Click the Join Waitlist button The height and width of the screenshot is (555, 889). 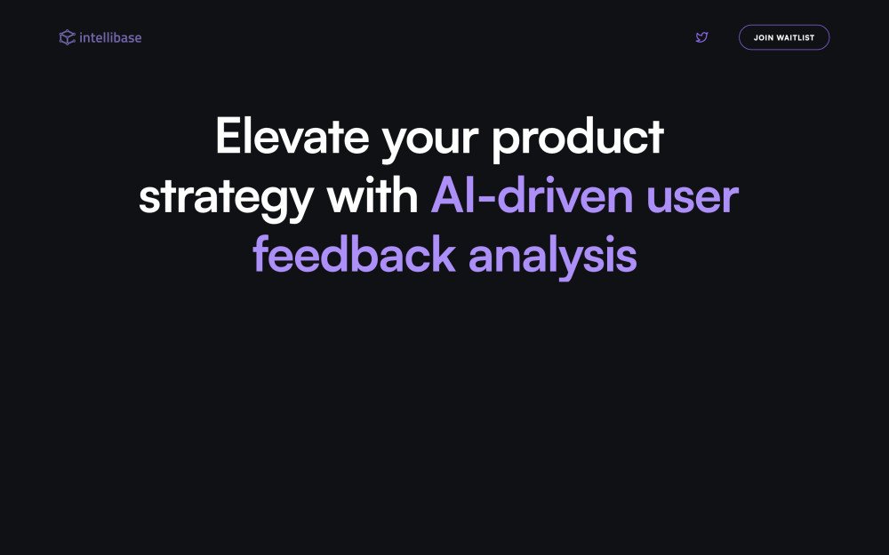(783, 37)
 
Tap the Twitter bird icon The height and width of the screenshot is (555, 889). (701, 37)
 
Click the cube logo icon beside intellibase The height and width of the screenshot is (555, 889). (67, 37)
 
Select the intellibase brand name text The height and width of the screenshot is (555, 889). (110, 37)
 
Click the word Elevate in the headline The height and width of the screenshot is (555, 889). (290, 138)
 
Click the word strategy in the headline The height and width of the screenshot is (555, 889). (225, 198)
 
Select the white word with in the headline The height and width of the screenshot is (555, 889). (372, 195)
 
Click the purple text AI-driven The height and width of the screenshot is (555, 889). (533, 195)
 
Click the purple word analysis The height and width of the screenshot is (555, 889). (552, 257)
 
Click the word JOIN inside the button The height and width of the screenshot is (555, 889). (763, 38)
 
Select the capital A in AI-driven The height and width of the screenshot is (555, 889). (447, 195)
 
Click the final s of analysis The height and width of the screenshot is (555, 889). (627, 258)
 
